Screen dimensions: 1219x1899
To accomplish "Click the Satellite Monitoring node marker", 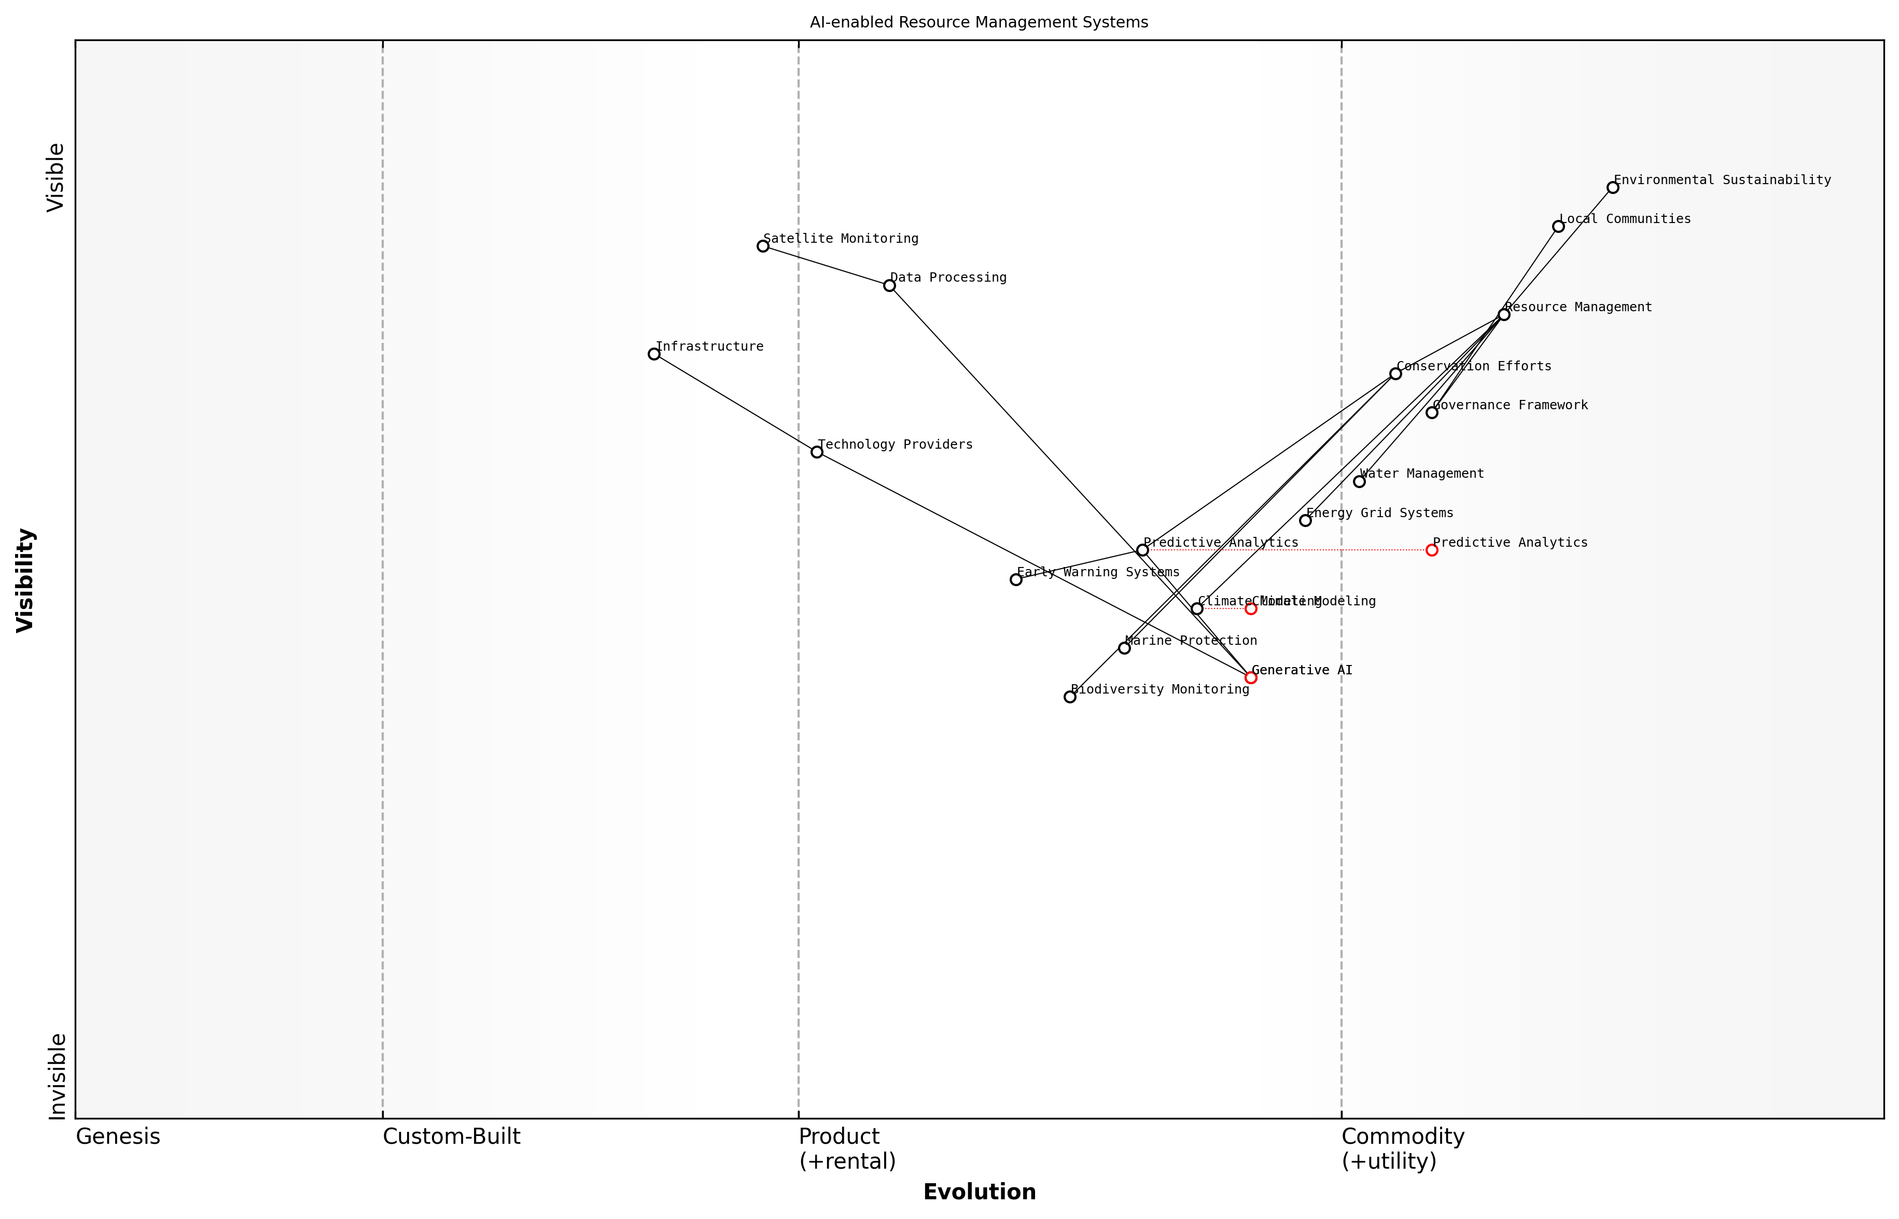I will click(763, 246).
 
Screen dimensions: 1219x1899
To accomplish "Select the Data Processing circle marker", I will click(889, 285).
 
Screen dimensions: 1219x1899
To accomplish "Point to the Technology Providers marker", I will click(817, 452).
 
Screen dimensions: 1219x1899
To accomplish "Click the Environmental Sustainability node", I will click(1613, 188).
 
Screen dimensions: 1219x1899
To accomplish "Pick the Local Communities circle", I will click(1558, 226).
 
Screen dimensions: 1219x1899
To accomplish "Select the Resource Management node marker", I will click(1503, 314).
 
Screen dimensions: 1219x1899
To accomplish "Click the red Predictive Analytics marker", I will click(1431, 550).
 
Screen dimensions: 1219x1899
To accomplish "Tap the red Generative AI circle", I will click(1251, 677).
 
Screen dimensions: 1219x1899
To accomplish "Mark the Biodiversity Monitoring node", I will click(1070, 697).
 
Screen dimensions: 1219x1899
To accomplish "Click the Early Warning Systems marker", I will click(1016, 579).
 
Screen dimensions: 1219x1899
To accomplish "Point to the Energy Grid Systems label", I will click(1379, 513).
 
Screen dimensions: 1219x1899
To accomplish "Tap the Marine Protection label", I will click(1190, 641).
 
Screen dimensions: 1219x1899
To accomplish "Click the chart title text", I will click(979, 22).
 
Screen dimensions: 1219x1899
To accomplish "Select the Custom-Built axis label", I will click(451, 1137).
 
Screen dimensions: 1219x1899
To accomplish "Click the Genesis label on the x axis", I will click(118, 1137).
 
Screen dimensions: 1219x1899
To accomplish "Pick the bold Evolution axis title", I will click(979, 1192).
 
